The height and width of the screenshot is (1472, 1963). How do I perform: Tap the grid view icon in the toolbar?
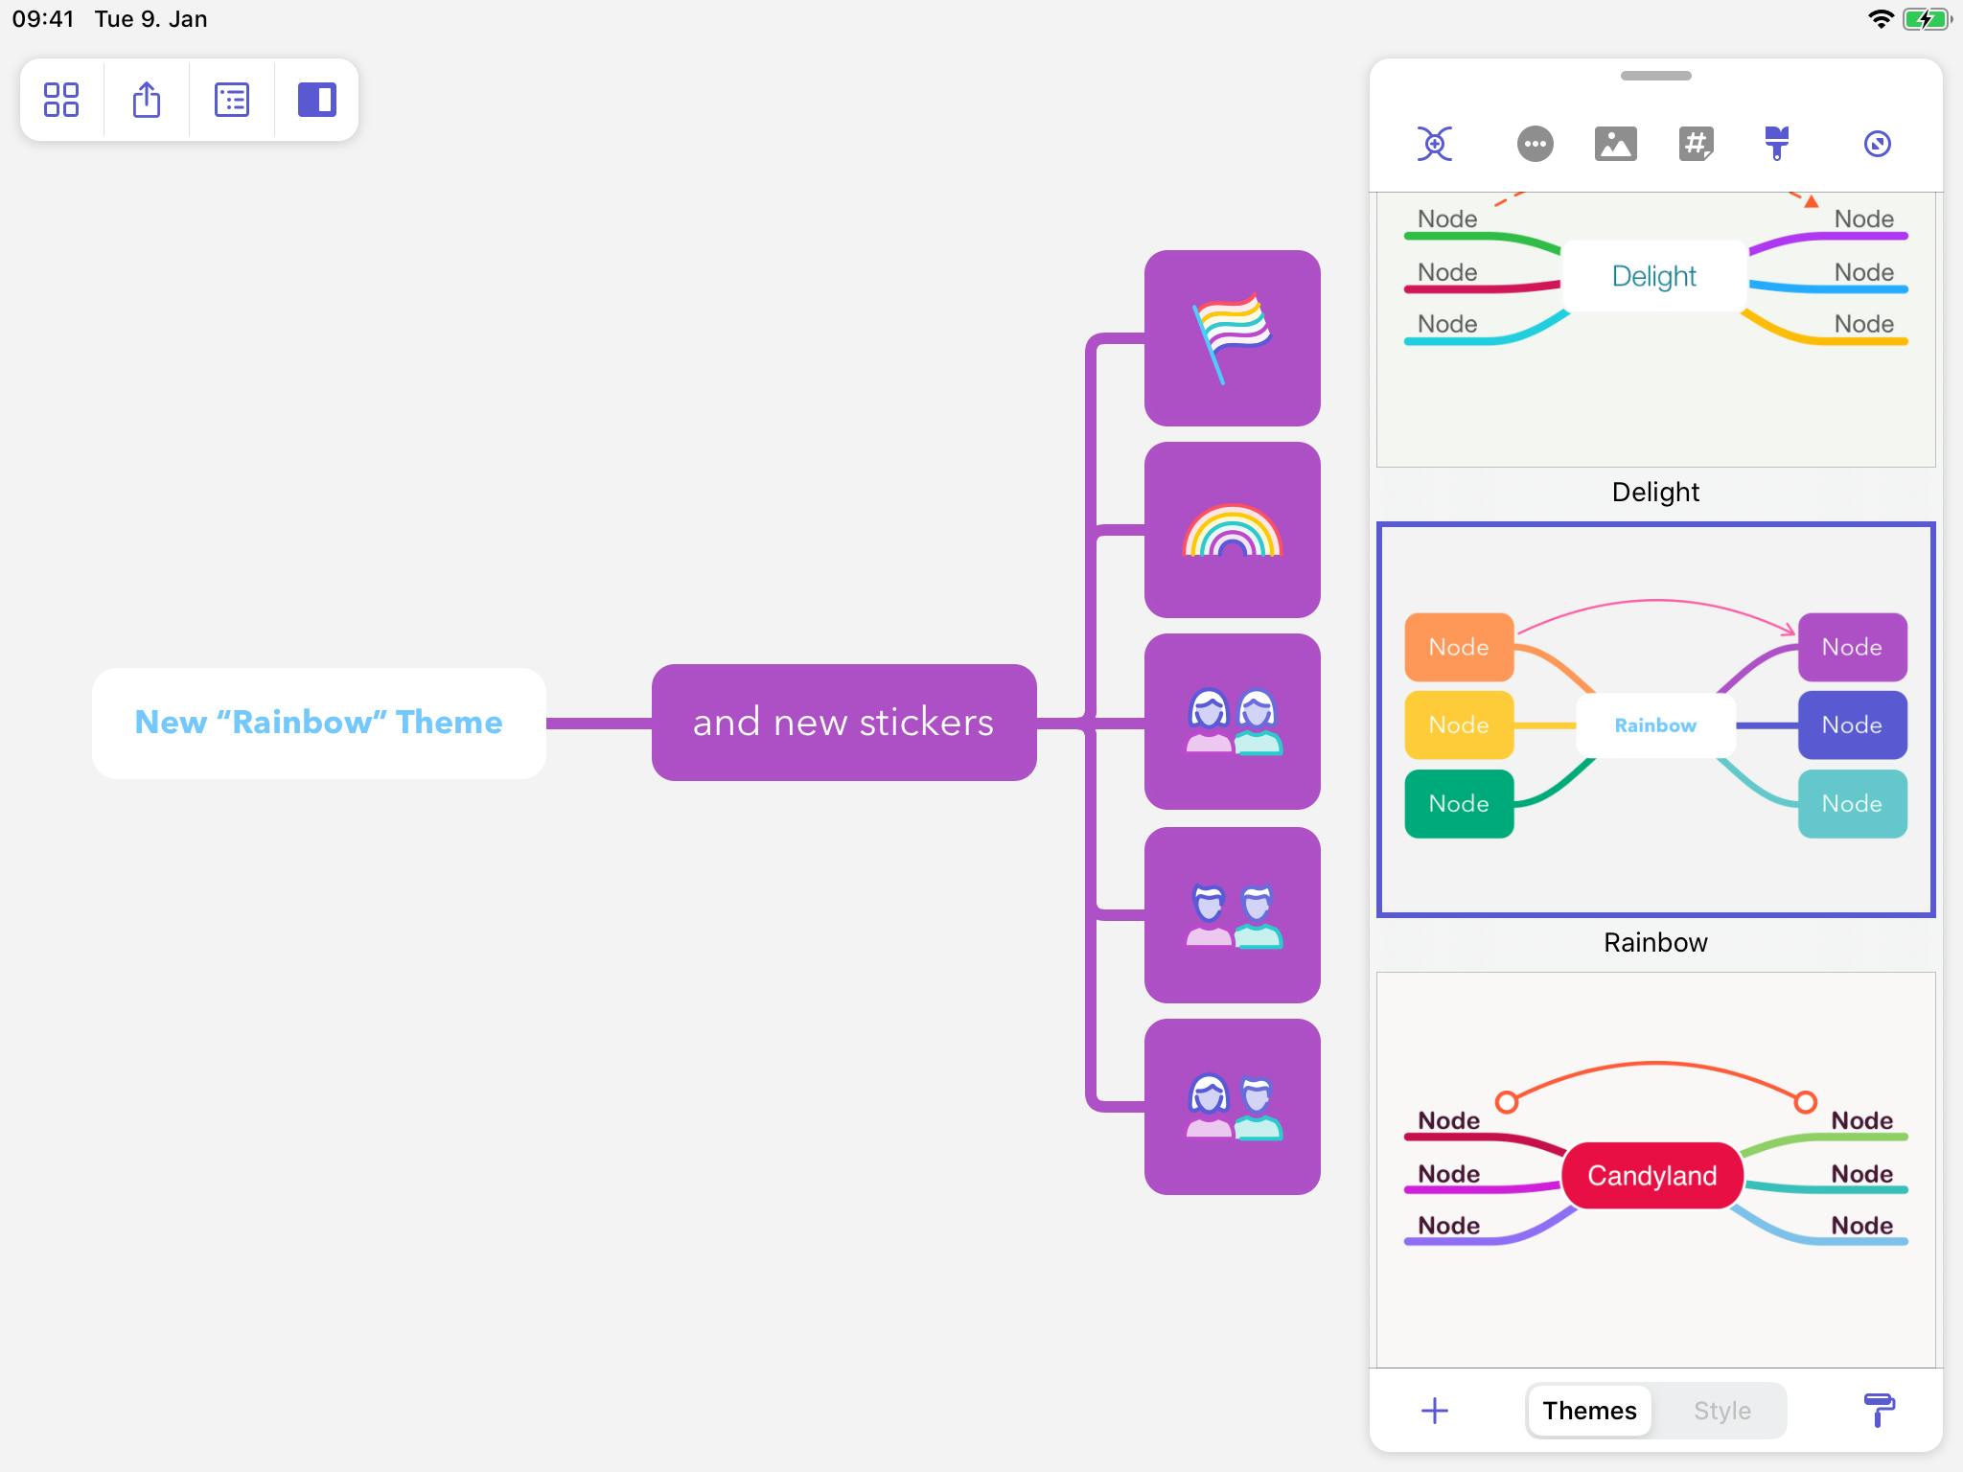[61, 100]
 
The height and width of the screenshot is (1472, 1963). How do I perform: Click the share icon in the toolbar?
[147, 100]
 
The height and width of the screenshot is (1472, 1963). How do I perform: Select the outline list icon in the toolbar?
[232, 100]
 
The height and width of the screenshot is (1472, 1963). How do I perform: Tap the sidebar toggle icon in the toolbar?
[316, 100]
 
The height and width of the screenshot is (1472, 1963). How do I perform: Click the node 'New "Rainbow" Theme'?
[318, 723]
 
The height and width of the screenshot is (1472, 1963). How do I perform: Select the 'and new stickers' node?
[843, 723]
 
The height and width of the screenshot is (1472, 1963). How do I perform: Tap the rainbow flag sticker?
[1232, 338]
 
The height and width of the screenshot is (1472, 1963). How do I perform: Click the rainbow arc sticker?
[1232, 530]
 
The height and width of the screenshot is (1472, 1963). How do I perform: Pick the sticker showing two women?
[1232, 722]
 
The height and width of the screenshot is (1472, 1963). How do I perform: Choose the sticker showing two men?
[1232, 915]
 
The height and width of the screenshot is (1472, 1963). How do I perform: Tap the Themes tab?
[1589, 1411]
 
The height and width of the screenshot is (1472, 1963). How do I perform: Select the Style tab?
[1721, 1411]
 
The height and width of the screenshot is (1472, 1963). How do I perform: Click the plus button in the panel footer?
[1435, 1411]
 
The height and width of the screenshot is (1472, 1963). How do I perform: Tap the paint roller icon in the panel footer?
[1879, 1411]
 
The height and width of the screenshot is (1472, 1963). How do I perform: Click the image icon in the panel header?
[1615, 144]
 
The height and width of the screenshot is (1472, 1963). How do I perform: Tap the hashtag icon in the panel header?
[1696, 144]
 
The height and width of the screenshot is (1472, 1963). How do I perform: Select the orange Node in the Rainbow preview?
[1459, 647]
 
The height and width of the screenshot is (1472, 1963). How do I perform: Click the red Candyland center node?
[1651, 1176]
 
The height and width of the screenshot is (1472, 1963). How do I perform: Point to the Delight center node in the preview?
[1653, 276]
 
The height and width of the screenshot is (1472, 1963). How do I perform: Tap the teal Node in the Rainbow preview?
[1852, 804]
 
